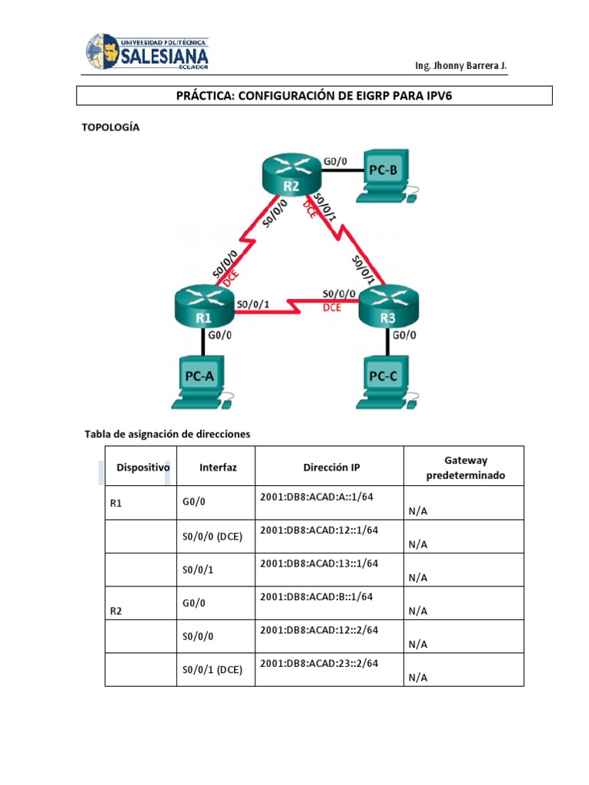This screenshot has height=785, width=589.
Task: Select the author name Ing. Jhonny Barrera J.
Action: pos(460,66)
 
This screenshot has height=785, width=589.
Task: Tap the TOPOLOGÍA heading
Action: pos(110,127)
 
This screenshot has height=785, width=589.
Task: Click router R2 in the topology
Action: pos(289,176)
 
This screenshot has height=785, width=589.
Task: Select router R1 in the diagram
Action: pos(202,306)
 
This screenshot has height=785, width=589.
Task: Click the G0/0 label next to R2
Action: pos(335,161)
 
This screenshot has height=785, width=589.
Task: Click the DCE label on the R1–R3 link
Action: pos(331,307)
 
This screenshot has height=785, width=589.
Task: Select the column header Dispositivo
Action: pos(143,467)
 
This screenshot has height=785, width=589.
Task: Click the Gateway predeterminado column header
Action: pos(465,468)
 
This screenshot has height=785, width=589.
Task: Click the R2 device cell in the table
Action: pos(117,611)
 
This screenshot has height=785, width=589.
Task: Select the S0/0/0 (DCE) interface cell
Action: pos(212,537)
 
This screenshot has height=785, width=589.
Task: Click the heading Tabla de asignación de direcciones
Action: pos(167,434)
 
